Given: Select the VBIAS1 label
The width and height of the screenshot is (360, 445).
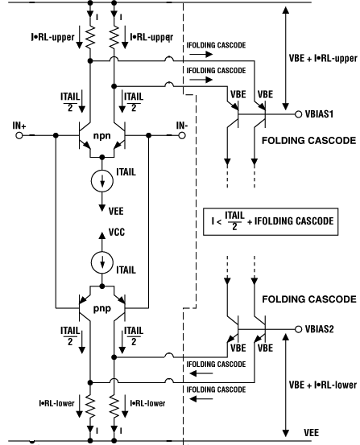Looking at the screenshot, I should click(322, 114).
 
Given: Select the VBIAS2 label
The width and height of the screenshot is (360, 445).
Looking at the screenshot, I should click(322, 329).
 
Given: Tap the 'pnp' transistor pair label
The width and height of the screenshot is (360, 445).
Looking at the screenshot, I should click(101, 309).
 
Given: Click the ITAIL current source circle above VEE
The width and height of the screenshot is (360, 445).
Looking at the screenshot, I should click(101, 180).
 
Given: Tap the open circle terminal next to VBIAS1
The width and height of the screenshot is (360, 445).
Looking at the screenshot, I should click(298, 114).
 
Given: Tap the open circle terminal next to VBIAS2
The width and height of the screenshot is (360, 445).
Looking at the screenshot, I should click(298, 329).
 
